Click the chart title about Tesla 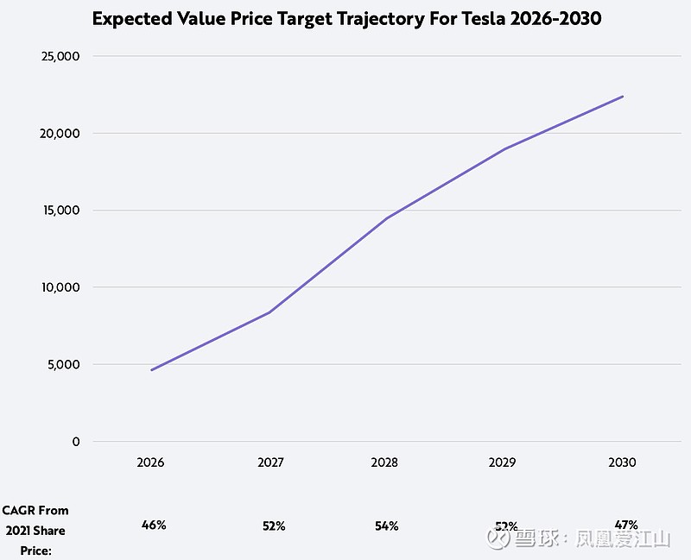(x=345, y=19)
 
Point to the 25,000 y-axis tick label (x=61, y=57)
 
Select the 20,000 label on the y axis (x=61, y=134)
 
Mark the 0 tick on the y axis (x=76, y=442)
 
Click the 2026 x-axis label (x=150, y=462)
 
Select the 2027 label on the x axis (x=271, y=462)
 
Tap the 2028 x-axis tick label (x=384, y=462)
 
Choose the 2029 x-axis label (x=503, y=462)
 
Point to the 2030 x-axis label (x=622, y=462)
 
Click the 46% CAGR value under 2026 (x=154, y=525)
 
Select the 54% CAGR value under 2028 (x=386, y=525)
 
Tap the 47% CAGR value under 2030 (x=626, y=524)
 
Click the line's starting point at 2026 (x=151, y=370)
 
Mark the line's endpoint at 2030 (x=623, y=96)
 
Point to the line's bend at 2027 (x=269, y=312)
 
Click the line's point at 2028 (x=386, y=218)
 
